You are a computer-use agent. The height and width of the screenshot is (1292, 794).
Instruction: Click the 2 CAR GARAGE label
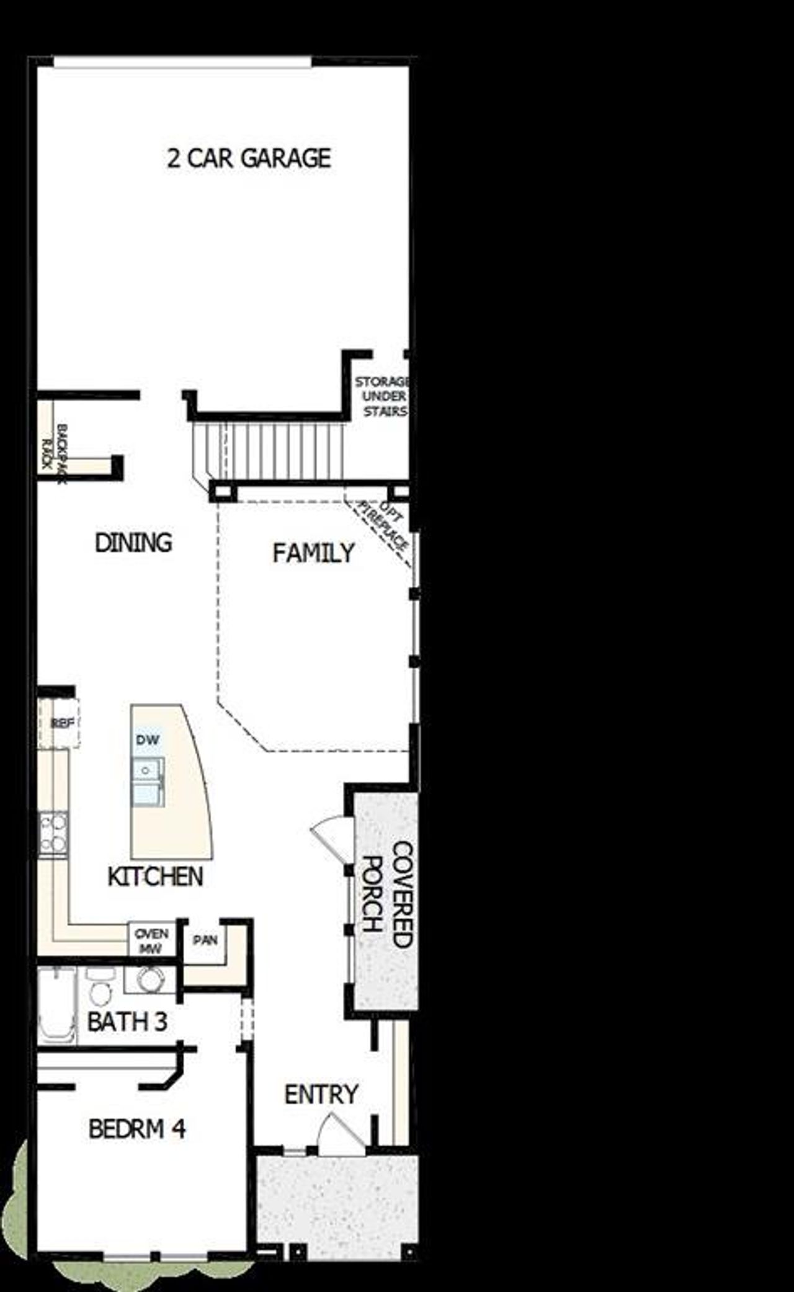click(x=249, y=159)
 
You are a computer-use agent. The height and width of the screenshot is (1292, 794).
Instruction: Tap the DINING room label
click(x=133, y=543)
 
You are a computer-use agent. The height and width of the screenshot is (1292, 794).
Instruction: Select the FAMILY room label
click(x=313, y=553)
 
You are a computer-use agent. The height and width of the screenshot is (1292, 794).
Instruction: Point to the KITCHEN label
click(x=155, y=876)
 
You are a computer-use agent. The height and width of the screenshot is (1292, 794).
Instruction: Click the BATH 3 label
click(x=127, y=1022)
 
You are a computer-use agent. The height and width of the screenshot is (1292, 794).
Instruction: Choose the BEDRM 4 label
click(x=137, y=1128)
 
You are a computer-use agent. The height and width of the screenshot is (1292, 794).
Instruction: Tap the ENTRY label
click(x=321, y=1094)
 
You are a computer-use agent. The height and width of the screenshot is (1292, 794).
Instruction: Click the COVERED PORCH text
click(x=388, y=894)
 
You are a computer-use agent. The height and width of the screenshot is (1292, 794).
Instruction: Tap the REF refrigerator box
click(x=61, y=723)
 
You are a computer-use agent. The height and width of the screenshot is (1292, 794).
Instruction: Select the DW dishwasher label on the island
click(x=148, y=739)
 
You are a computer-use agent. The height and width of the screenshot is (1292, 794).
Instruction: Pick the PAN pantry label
click(x=205, y=940)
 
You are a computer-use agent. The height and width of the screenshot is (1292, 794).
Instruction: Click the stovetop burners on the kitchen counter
click(x=53, y=834)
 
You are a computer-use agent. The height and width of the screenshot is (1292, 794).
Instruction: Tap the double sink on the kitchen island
click(x=148, y=782)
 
